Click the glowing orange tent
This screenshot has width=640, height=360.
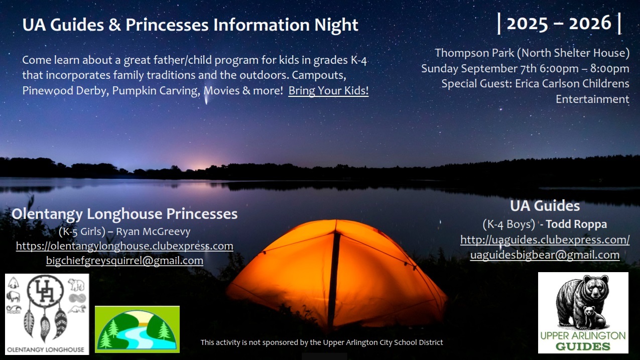337,274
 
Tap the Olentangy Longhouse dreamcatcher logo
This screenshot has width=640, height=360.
47,314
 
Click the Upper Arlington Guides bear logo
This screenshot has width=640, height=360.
583,313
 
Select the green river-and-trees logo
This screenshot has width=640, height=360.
137,329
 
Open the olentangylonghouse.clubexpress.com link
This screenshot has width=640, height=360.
124,246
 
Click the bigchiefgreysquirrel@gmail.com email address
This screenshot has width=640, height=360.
124,261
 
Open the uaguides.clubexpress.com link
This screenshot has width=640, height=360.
545,239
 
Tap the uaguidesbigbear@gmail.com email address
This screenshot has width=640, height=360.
545,255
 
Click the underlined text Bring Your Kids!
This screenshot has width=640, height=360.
328,90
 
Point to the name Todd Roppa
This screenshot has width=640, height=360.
576,224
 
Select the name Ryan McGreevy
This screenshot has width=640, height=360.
153,231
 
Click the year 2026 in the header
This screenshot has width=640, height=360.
590,23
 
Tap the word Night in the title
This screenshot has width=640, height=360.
336,25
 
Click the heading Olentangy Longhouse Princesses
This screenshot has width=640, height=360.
124,214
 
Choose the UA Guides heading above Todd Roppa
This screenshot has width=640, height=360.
545,206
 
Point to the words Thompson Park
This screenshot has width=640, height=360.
474,53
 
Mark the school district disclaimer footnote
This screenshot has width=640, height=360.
322,342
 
